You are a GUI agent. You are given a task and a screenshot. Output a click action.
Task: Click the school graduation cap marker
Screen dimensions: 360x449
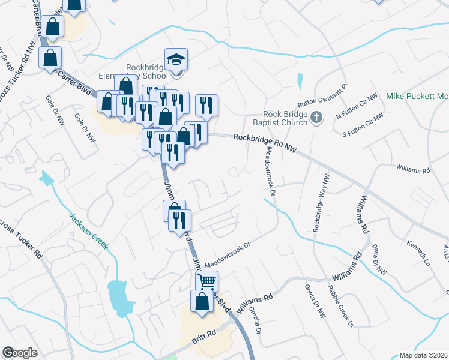[176, 60]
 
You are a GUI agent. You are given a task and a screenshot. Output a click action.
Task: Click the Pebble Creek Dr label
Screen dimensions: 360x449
[342, 307]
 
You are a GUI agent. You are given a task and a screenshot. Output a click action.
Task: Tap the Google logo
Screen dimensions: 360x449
[20, 352]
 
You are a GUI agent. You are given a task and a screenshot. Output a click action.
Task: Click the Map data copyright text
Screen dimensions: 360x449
[423, 355]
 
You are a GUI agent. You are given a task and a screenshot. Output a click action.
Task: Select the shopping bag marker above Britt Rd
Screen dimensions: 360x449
[202, 302]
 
